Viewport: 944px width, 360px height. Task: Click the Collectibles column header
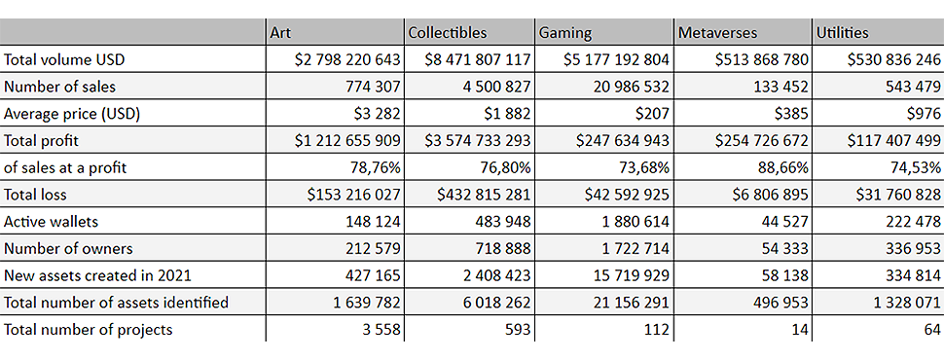pos(448,32)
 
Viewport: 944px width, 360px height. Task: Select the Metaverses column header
pos(717,32)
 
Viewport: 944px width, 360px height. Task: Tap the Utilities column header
pos(842,32)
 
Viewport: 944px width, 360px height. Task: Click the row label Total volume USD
pos(64,59)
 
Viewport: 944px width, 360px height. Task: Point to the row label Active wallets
pos(51,222)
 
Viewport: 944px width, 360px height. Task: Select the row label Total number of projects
pos(88,329)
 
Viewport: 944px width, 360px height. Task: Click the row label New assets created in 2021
pos(97,275)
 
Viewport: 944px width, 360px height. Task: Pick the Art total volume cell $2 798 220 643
pos(347,59)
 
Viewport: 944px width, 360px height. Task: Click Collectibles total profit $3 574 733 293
pos(478,140)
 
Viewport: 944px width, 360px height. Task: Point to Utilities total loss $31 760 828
pos(893,195)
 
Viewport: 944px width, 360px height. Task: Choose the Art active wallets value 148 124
pos(373,222)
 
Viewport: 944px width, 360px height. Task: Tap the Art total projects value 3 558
pos(381,329)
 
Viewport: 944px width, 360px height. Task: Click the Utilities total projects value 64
pos(932,329)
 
